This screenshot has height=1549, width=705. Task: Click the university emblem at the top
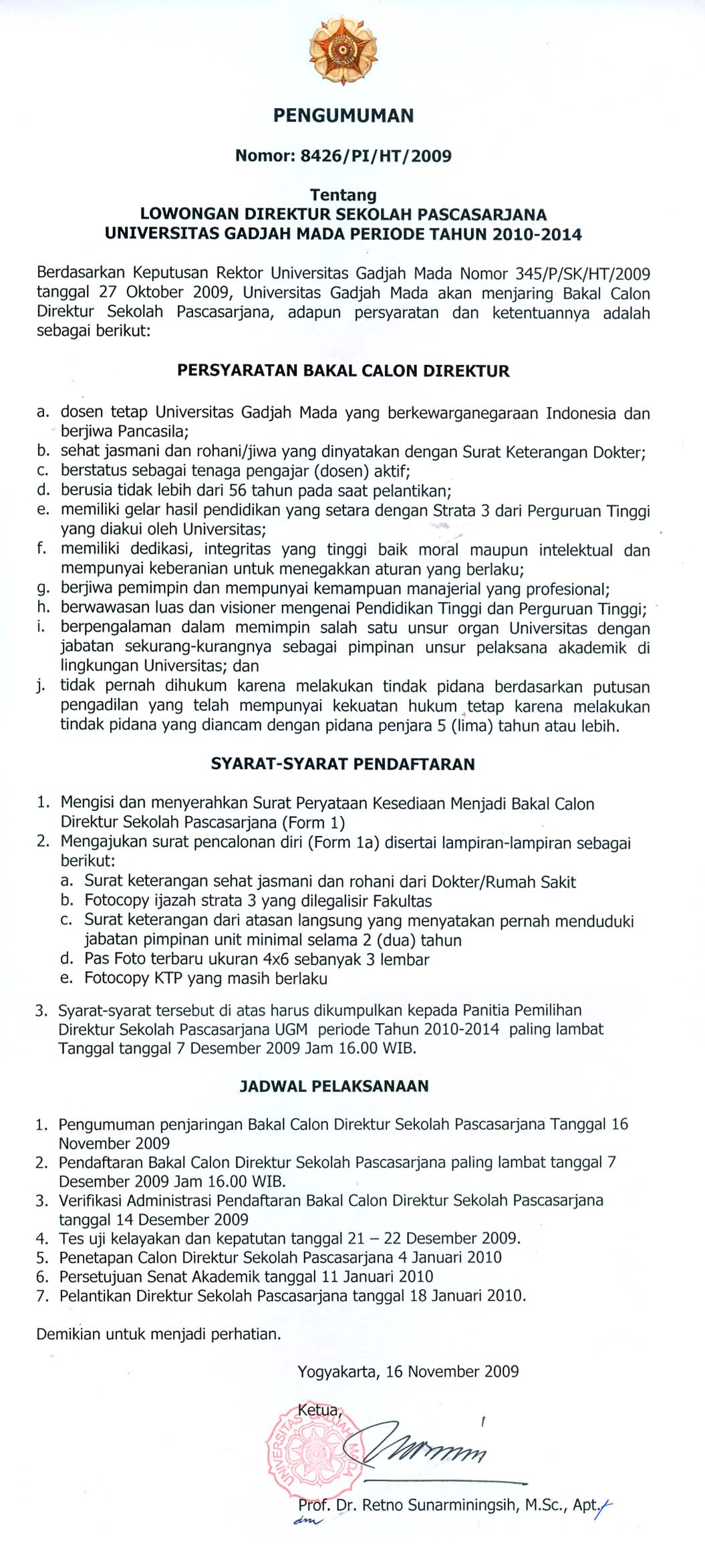point(343,51)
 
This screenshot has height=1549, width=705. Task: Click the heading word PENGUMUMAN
point(343,116)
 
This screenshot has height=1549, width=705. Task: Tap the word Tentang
point(343,195)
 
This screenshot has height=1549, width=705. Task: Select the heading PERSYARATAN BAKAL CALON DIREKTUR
point(343,372)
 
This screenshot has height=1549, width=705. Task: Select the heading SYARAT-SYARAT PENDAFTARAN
point(343,764)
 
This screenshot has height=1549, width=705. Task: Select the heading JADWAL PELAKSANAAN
point(334,1087)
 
